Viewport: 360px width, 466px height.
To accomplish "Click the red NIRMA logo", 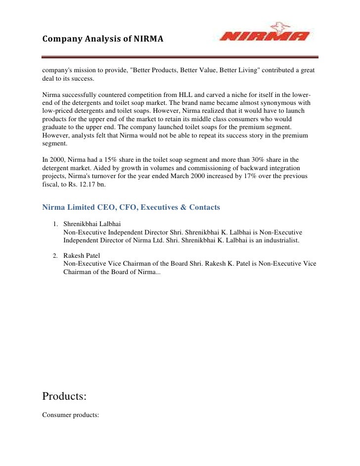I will tap(266, 35).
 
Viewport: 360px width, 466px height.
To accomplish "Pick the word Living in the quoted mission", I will tap(243, 70).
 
